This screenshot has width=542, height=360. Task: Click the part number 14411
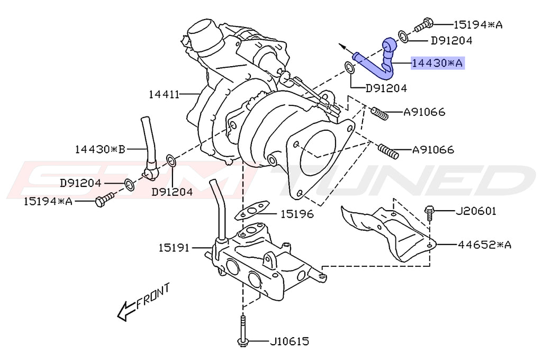tap(164, 95)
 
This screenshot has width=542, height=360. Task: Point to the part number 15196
tap(297, 214)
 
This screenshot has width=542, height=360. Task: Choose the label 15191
tap(174, 247)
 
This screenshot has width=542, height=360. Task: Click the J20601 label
tap(476, 212)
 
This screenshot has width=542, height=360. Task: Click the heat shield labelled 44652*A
tap(392, 233)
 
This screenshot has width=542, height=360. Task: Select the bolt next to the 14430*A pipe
tap(424, 24)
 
